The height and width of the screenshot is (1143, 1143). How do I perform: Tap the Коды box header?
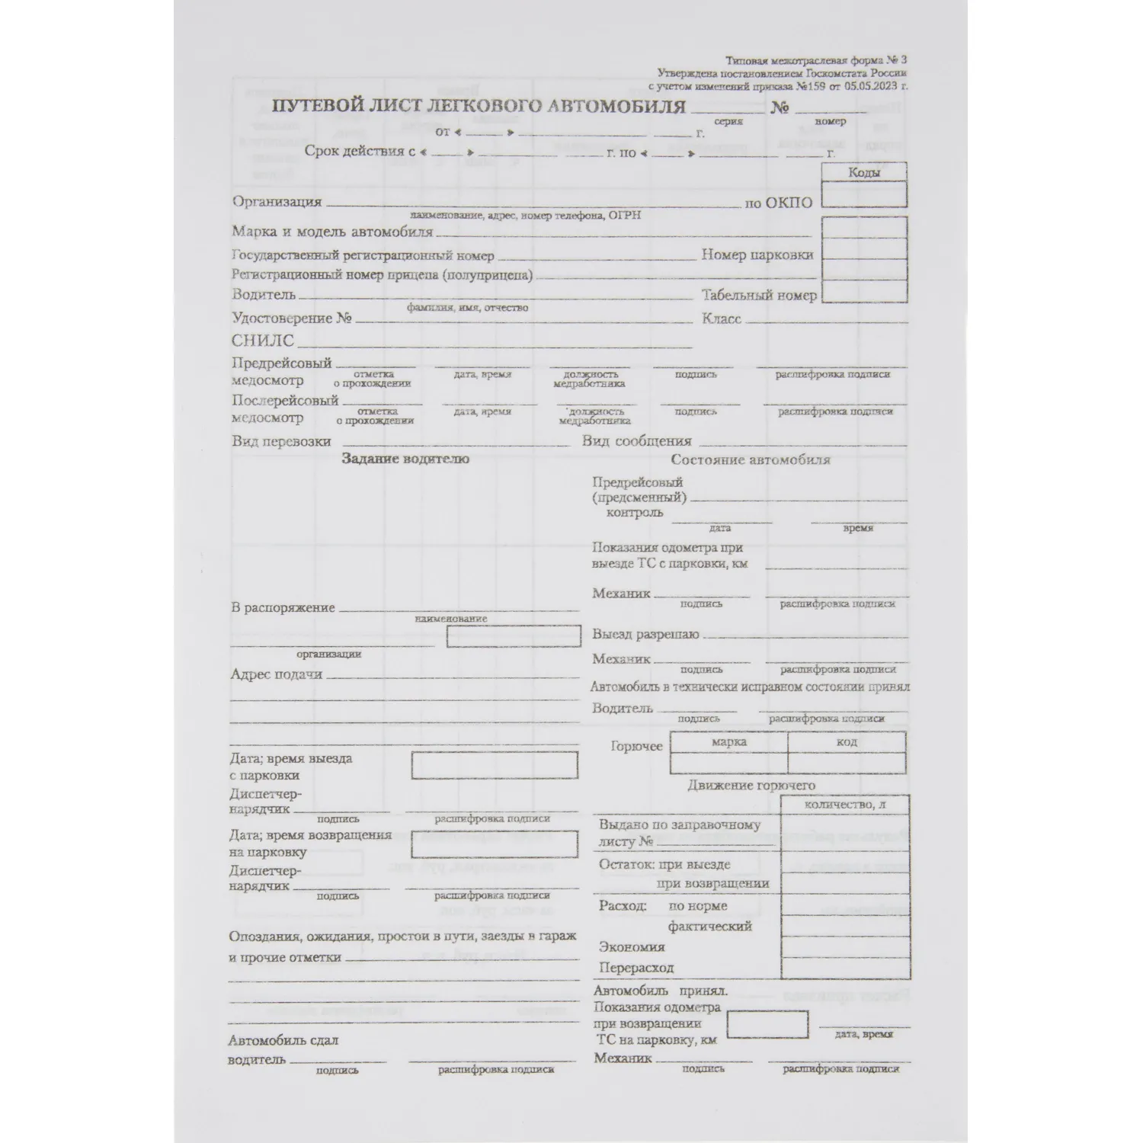[864, 172]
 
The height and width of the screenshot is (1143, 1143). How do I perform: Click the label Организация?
[277, 202]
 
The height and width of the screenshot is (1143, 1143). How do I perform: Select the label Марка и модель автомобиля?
[332, 232]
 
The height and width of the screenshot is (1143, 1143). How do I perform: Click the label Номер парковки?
[757, 255]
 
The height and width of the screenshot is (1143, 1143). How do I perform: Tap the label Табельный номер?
[759, 296]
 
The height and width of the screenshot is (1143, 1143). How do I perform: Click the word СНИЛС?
[262, 341]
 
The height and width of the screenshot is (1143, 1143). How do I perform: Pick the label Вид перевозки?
[282, 441]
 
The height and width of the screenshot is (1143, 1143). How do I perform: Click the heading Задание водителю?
[405, 459]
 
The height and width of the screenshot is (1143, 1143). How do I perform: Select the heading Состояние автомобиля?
[751, 459]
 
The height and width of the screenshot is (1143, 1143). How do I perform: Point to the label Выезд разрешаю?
[645, 634]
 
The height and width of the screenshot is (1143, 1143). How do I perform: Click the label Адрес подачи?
[277, 674]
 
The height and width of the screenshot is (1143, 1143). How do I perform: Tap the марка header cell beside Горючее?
[729, 741]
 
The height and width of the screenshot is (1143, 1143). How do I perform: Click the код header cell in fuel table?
[847, 741]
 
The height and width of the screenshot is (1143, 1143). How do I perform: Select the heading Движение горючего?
[751, 785]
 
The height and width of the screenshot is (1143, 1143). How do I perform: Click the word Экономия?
[632, 947]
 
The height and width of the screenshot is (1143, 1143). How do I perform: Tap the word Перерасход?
[636, 968]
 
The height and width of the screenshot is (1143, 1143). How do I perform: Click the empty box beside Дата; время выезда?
[495, 765]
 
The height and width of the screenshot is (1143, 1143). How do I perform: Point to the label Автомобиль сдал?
[283, 1040]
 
